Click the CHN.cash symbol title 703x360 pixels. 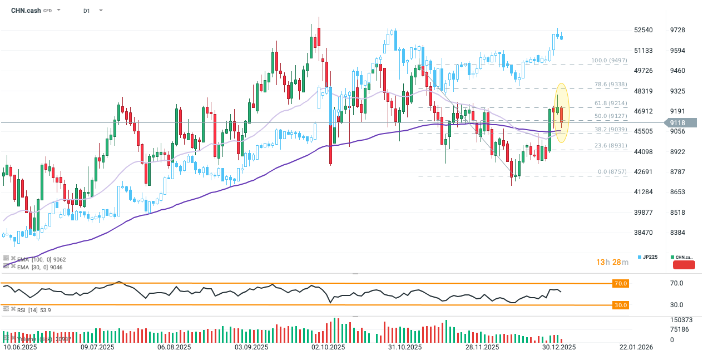26,10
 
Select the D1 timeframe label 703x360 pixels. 87,11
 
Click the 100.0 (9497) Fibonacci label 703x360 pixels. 609,60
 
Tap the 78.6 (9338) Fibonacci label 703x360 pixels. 611,85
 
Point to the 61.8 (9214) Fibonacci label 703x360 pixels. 611,103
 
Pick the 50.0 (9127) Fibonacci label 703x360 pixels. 611,116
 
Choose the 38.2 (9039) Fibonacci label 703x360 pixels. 611,129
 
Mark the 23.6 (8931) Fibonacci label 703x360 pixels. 611,145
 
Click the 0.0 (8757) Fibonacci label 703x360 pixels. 612,172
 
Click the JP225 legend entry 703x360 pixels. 649,257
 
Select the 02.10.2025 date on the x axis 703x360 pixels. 328,347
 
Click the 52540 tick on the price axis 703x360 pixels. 643,30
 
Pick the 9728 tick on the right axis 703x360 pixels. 678,30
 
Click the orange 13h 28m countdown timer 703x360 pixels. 612,262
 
